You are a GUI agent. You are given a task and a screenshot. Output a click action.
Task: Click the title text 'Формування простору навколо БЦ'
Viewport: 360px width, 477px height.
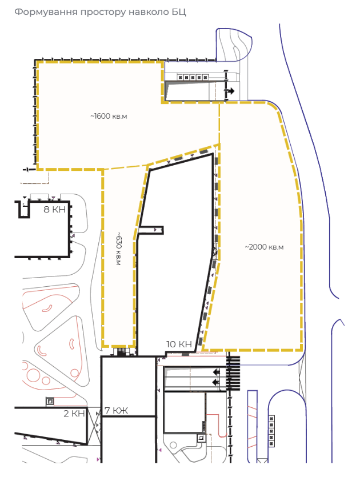pos(100,12)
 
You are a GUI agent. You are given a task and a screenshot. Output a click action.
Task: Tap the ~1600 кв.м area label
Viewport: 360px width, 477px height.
pos(109,116)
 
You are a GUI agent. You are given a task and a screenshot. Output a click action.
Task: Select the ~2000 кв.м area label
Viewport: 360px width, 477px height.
pos(264,247)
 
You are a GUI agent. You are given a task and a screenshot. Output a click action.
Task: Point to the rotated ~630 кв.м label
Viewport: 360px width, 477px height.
pos(118,249)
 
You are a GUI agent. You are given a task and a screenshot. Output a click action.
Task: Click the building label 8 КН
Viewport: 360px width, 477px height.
pos(55,209)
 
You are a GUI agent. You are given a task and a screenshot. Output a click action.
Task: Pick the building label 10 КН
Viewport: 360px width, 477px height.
pos(179,344)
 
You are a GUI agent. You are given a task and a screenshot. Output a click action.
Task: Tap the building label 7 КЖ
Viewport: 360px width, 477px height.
pos(116,410)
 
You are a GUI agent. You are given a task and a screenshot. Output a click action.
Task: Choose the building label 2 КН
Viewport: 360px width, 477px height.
pos(74,414)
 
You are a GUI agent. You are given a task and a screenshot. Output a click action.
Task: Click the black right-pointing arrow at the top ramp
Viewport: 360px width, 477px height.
pos(230,91)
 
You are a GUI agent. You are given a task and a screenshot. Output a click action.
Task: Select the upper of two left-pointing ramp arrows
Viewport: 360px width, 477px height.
pos(216,371)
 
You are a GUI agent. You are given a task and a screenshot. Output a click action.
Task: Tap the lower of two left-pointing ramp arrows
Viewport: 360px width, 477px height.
pos(216,382)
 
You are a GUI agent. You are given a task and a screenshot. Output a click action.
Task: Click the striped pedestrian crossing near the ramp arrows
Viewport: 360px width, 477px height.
pos(233,373)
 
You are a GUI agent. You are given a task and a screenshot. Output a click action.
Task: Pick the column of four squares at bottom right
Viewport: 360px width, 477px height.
pos(271,431)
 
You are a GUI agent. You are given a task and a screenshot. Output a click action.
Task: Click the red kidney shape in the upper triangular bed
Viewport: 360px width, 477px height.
pos(47,309)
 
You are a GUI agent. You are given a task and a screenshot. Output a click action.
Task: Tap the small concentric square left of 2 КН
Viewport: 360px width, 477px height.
pos(50,402)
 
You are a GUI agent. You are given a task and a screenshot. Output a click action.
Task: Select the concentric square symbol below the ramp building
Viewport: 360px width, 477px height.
pos(201,438)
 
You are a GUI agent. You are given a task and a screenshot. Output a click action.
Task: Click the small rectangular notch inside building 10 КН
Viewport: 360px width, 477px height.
pos(151,230)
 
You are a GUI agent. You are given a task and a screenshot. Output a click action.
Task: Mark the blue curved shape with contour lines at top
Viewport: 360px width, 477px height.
pos(234,45)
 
